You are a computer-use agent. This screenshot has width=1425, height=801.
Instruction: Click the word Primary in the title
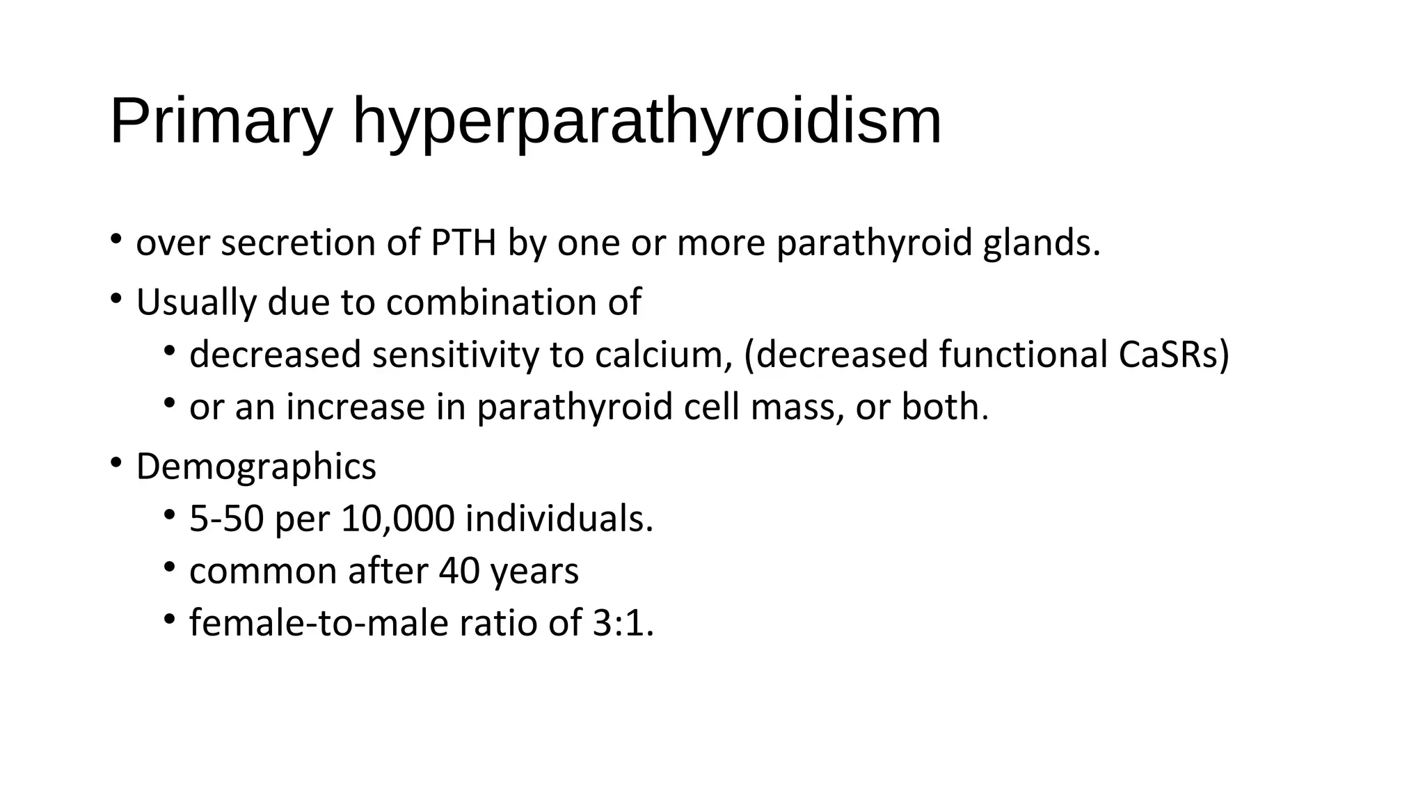[x=221, y=122]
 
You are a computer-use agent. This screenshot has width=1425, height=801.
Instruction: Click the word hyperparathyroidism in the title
[x=647, y=122]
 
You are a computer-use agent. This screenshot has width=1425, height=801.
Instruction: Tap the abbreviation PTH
[x=463, y=243]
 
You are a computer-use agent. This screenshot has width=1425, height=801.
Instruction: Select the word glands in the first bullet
[x=1042, y=243]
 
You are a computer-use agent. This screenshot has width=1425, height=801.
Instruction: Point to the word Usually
[x=196, y=302]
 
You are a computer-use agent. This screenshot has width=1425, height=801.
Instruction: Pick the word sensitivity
[x=455, y=355]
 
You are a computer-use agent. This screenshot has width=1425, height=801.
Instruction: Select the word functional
[x=1023, y=355]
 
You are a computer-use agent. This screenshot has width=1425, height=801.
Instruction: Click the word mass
[x=797, y=407]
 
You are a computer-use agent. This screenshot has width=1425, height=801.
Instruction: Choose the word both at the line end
[x=944, y=407]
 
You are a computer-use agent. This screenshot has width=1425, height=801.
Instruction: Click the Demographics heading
[x=256, y=467]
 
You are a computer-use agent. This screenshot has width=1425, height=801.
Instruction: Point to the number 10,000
[x=398, y=519]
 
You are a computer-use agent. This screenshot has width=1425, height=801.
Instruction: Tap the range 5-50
[x=227, y=519]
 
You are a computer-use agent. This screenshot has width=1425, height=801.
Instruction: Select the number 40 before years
[x=459, y=572]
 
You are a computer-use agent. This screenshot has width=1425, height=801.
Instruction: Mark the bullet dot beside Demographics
[x=116, y=463]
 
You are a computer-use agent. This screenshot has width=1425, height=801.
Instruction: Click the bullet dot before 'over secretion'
[x=116, y=240]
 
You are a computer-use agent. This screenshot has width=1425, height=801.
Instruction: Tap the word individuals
[x=559, y=519]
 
